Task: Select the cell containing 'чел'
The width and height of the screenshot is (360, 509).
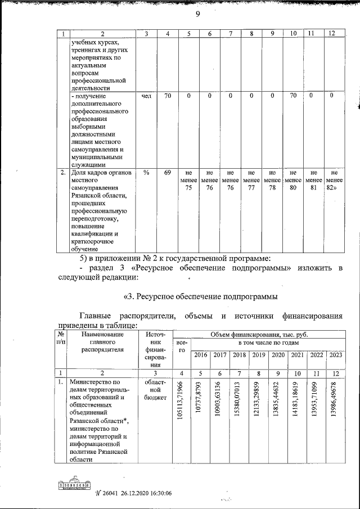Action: (x=146, y=96)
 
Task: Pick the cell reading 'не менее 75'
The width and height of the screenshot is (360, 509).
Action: (x=188, y=181)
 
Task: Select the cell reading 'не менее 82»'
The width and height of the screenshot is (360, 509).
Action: (x=334, y=181)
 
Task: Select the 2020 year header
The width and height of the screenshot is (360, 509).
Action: (x=278, y=355)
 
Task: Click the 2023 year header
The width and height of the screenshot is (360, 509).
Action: (x=335, y=355)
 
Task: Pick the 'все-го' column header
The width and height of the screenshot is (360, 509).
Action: (x=181, y=346)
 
